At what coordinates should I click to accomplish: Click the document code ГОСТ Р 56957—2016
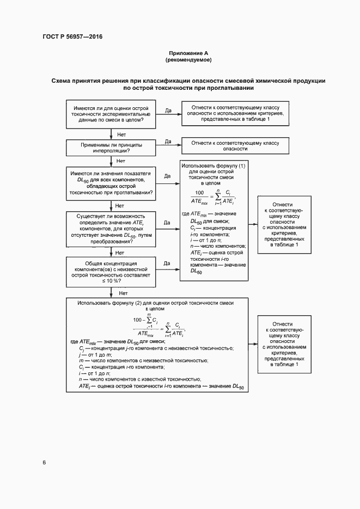72,37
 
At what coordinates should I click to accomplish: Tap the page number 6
44,463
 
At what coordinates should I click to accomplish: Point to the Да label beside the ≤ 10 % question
167,264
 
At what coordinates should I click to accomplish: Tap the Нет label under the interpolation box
121,162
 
